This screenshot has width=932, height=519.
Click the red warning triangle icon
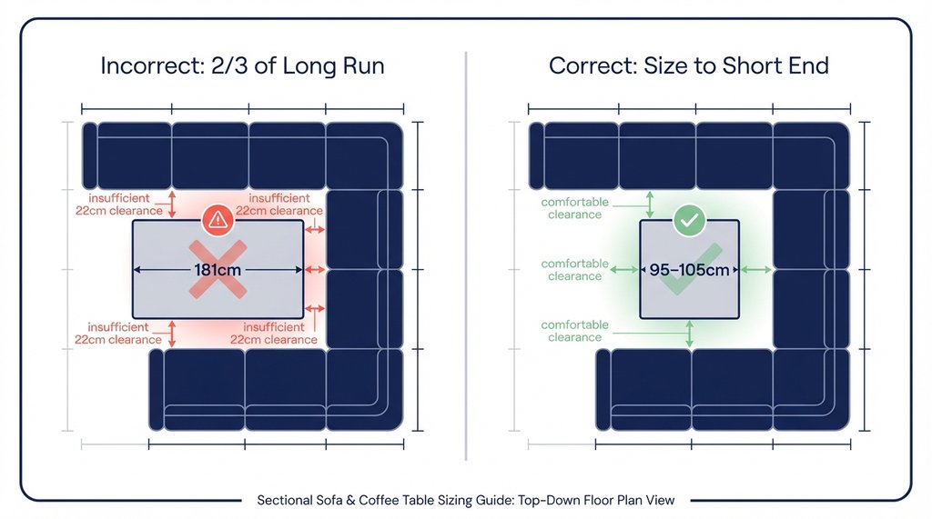click(217, 218)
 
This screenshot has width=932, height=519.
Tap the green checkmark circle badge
click(688, 220)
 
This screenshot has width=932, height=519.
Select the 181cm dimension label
click(217, 269)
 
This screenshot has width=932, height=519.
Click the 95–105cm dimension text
click(688, 270)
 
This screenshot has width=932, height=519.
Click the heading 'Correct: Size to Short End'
click(688, 67)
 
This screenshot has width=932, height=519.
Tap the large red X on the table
click(218, 271)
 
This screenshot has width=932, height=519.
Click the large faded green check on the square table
click(689, 273)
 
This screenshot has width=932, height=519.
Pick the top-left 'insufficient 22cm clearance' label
click(126, 205)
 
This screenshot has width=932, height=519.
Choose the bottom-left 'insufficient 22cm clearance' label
click(126, 334)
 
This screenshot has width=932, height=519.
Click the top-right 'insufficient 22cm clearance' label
click(279, 205)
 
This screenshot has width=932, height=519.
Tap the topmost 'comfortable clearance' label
click(574, 208)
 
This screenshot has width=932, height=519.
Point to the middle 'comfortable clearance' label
click(574, 270)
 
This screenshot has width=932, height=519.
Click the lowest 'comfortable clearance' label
click(574, 331)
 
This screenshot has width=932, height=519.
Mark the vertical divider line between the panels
click(466, 255)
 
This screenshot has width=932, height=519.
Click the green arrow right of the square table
click(756, 270)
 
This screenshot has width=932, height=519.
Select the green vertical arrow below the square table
click(689, 334)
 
